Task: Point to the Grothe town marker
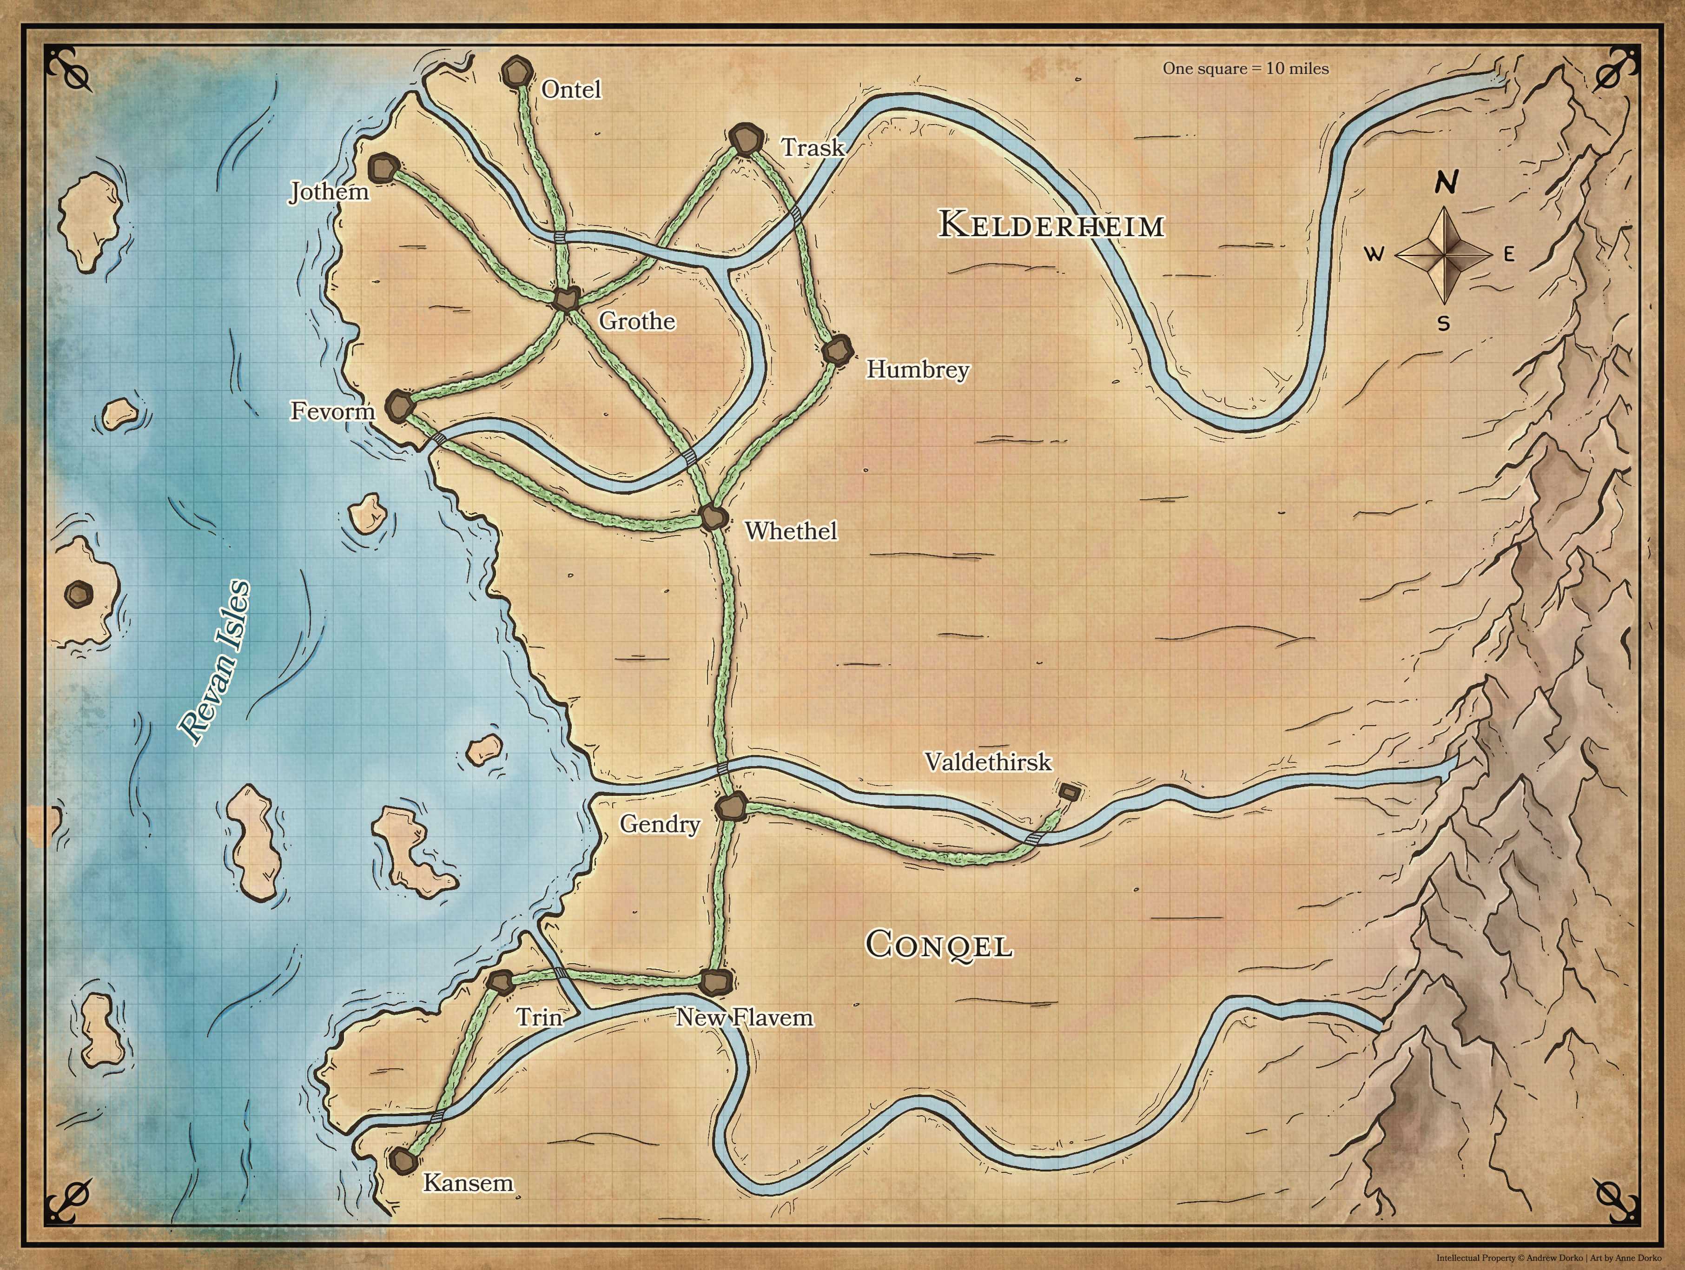[565, 298]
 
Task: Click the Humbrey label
[917, 370]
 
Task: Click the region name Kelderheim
[1051, 225]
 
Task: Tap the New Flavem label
[744, 1017]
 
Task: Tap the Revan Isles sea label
[213, 663]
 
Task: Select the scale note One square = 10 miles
[1245, 68]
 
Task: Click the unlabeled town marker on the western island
[79, 593]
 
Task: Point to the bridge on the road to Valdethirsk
[1034, 839]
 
